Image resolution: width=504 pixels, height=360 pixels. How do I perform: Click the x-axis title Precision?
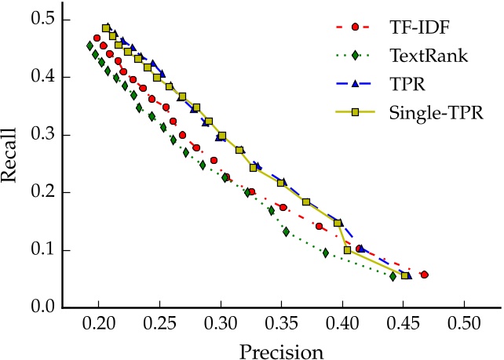click(x=281, y=348)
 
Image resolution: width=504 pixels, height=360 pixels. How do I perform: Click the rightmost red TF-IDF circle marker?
click(x=425, y=275)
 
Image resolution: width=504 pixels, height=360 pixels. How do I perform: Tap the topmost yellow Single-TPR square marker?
click(x=107, y=28)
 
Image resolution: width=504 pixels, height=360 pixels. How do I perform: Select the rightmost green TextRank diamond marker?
click(x=393, y=276)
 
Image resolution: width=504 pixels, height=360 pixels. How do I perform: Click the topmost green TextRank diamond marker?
click(x=90, y=45)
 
